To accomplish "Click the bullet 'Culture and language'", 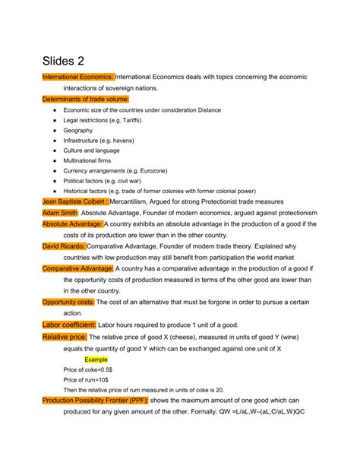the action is (99, 151).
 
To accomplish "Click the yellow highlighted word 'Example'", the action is (96, 359).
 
